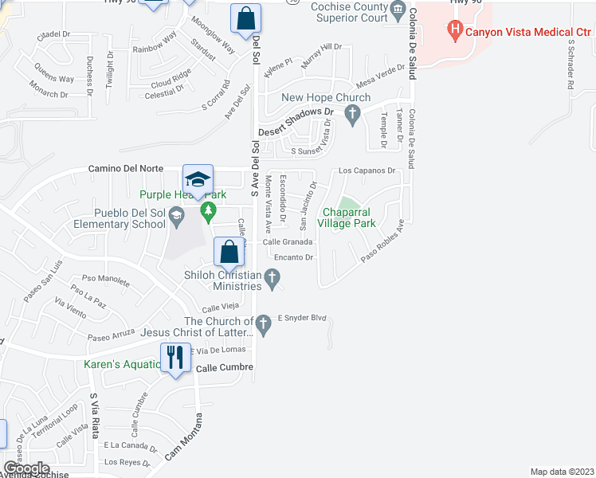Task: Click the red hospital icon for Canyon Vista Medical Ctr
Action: coord(455,33)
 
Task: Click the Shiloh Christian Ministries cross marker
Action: coord(273,278)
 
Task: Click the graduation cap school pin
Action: coord(198,179)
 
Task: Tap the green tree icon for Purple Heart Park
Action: coord(208,211)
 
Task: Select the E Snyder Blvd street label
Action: coord(302,318)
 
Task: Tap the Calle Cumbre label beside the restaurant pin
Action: coord(224,367)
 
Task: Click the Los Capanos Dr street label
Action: coord(367,170)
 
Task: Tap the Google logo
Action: coord(27,468)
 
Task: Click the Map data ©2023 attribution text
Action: coord(561,472)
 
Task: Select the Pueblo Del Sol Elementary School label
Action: coord(128,218)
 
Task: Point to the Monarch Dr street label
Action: coord(49,93)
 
